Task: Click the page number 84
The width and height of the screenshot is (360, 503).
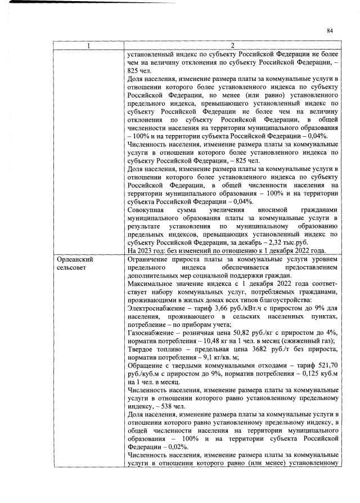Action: pyautogui.click(x=330, y=31)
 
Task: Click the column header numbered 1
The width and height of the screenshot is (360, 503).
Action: pyautogui.click(x=88, y=45)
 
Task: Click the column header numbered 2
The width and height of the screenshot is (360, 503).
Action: pyautogui.click(x=232, y=45)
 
